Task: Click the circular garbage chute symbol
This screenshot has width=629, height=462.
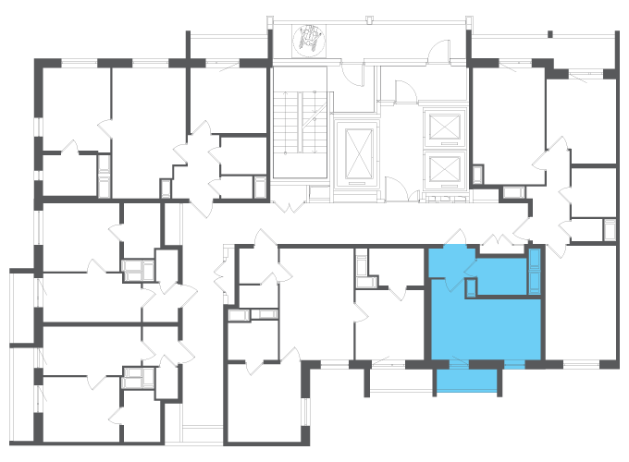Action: (309, 39)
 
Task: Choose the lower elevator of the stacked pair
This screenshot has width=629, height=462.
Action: (443, 169)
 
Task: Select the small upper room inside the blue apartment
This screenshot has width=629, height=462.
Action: (500, 275)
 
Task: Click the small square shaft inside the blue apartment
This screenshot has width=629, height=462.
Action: (470, 287)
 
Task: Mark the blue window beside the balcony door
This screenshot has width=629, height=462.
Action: (513, 363)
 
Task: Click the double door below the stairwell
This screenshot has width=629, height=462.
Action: (290, 204)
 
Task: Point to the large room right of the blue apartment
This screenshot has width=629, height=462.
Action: (580, 305)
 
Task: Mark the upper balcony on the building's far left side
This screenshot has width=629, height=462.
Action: (23, 305)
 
